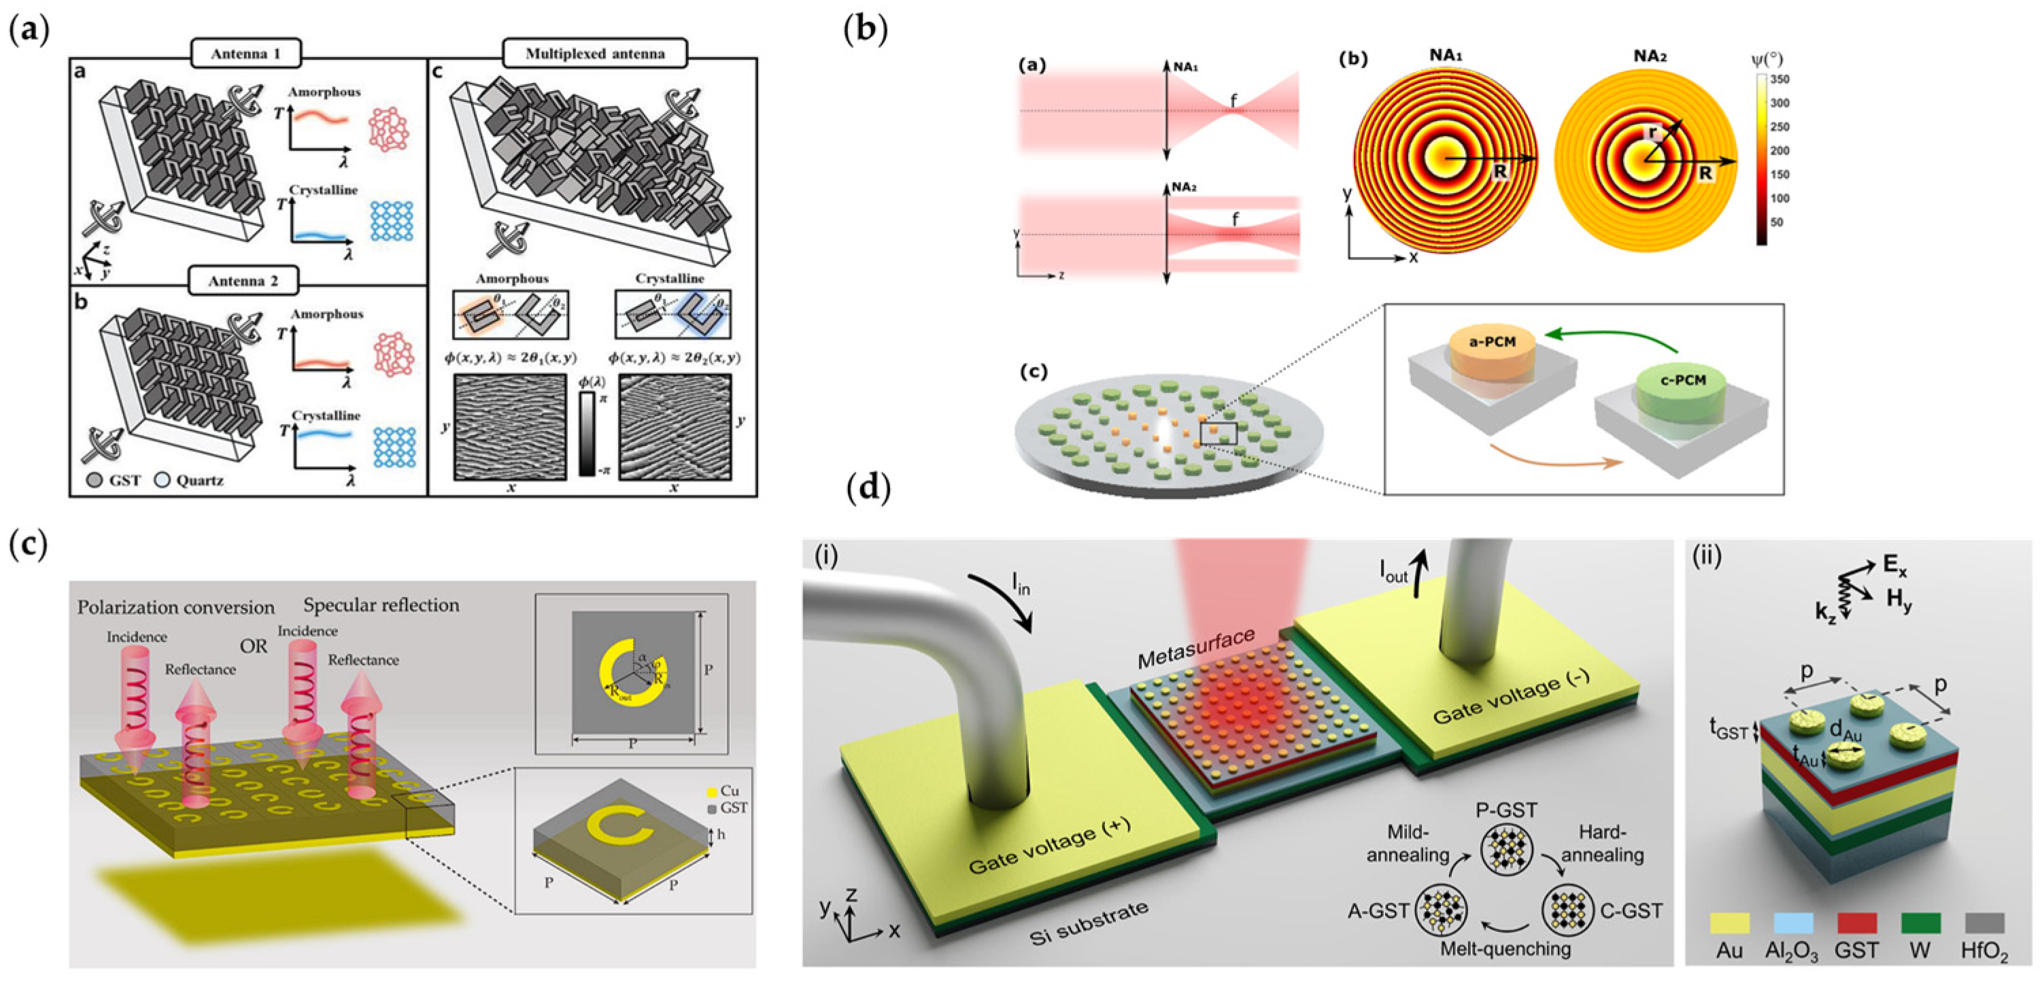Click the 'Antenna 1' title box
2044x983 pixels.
pyautogui.click(x=245, y=54)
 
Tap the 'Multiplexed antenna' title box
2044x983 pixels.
pyautogui.click(x=594, y=54)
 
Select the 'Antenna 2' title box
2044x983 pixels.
pyautogui.click(x=243, y=281)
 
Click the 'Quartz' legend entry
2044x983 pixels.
pyautogui.click(x=190, y=480)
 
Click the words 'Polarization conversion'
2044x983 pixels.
pyautogui.click(x=175, y=608)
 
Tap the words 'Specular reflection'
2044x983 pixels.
pyautogui.click(x=381, y=605)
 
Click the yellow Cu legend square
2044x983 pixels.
pyautogui.click(x=711, y=792)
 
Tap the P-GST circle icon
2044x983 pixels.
pyautogui.click(x=1505, y=850)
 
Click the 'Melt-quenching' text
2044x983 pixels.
pyautogui.click(x=1505, y=949)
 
